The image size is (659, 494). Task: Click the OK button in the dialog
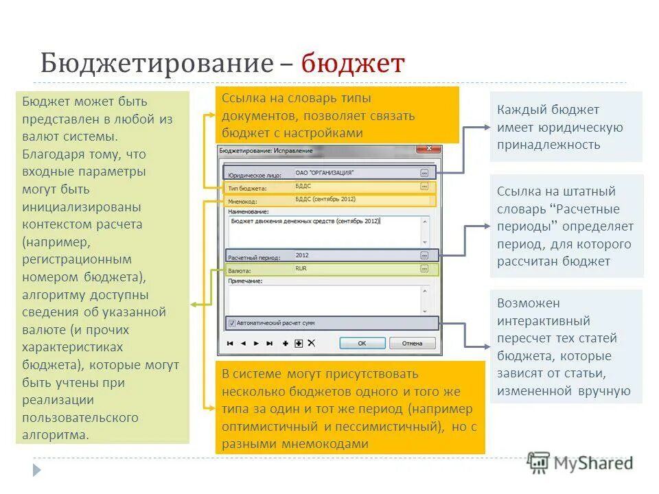[362, 343]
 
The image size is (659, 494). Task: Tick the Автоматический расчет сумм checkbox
[231, 323]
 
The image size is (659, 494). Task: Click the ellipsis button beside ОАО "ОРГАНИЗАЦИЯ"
[424, 173]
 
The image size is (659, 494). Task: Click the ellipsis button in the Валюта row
[424, 270]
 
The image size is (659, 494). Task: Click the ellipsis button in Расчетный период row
[424, 255]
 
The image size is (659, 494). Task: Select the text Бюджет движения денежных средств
[282, 221]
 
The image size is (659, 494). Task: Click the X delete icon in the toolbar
[311, 343]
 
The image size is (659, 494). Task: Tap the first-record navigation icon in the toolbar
[230, 343]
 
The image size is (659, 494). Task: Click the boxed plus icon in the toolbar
[299, 343]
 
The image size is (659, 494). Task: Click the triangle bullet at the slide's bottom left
[36, 470]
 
